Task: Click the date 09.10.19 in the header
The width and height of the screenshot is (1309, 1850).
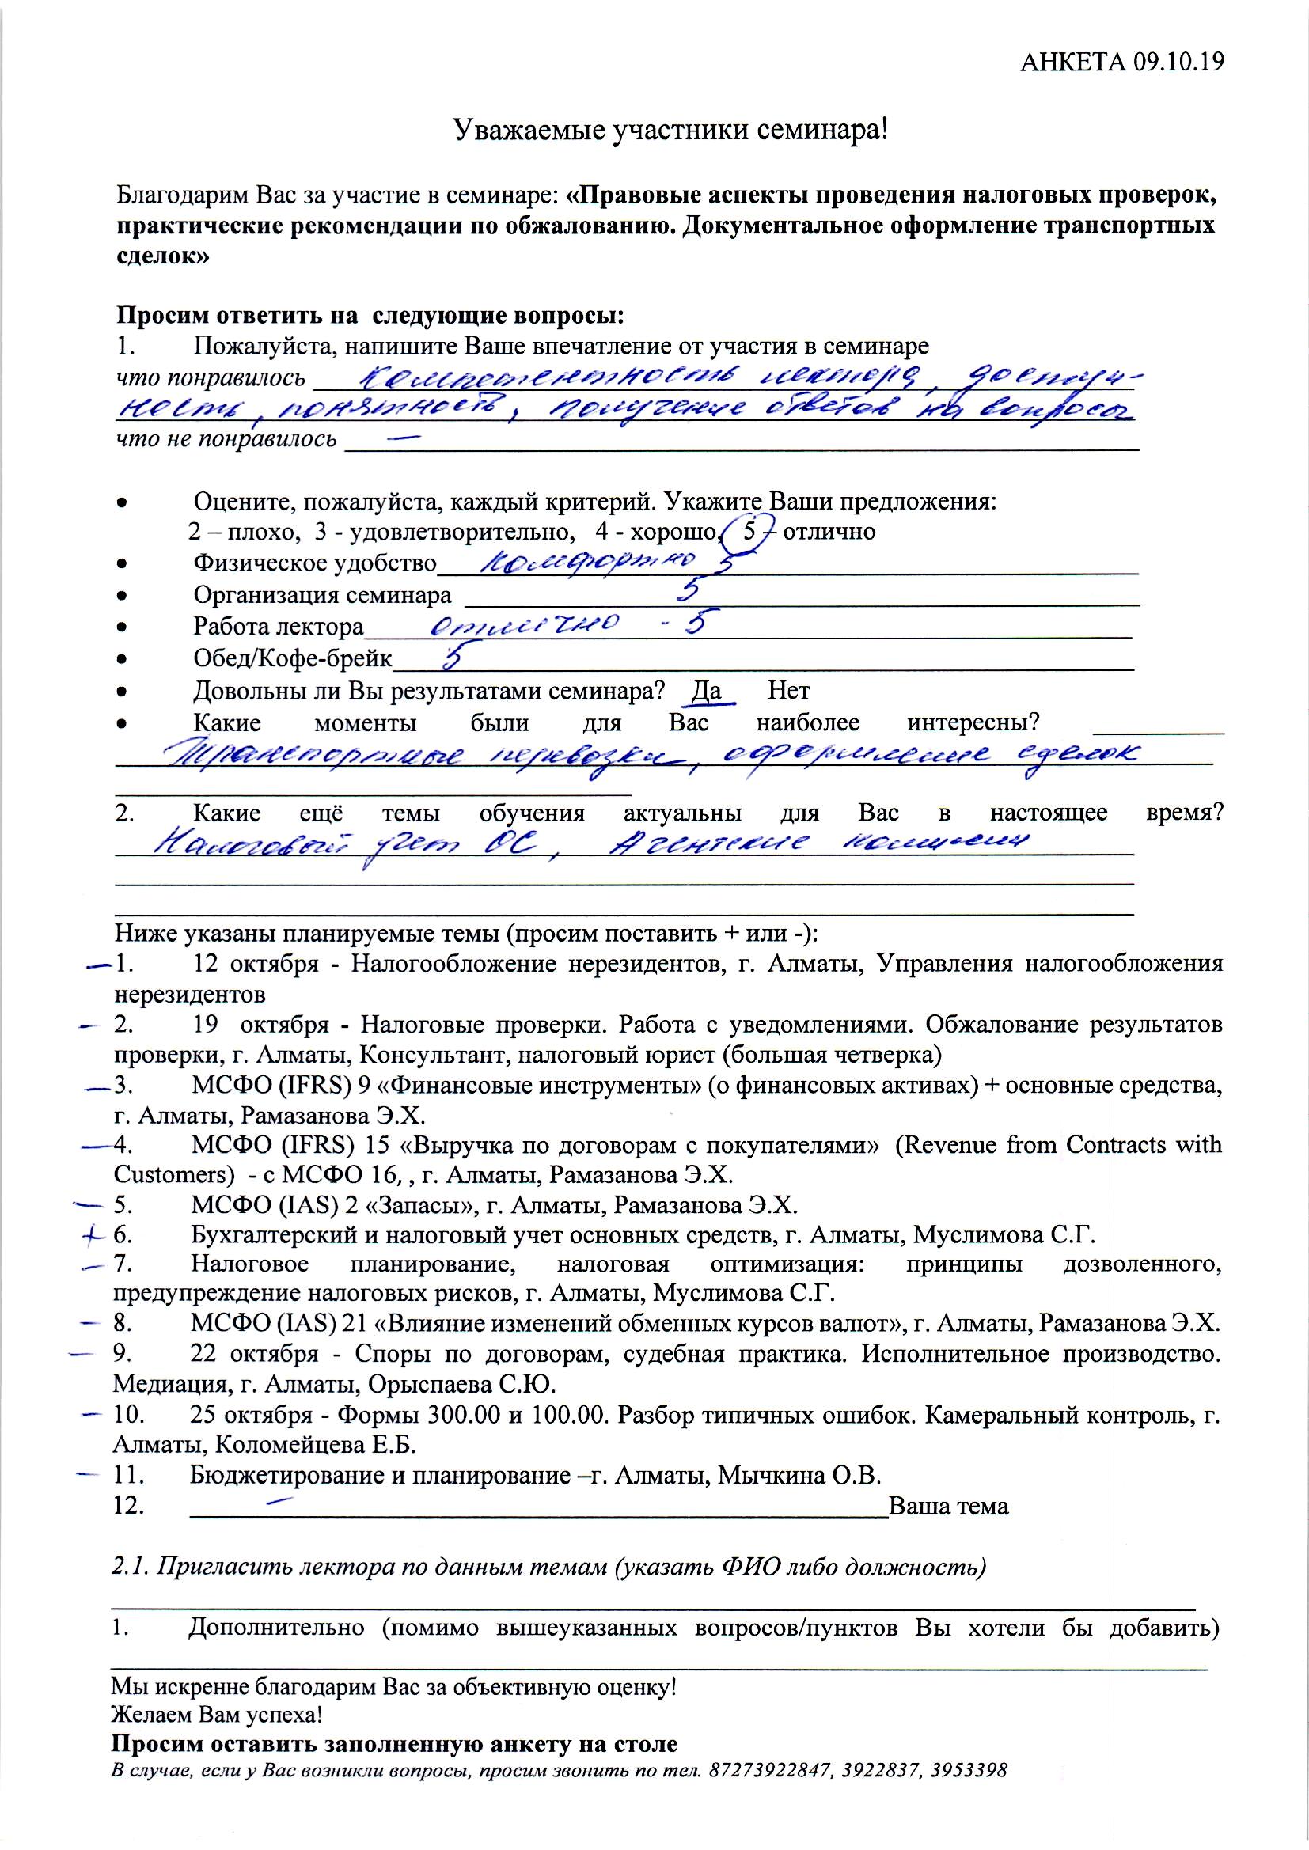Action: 1178,62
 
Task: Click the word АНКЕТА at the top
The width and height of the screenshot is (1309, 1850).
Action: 1072,62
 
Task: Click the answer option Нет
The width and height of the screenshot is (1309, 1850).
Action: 788,692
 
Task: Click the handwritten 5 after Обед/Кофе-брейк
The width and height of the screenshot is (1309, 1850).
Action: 452,657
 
